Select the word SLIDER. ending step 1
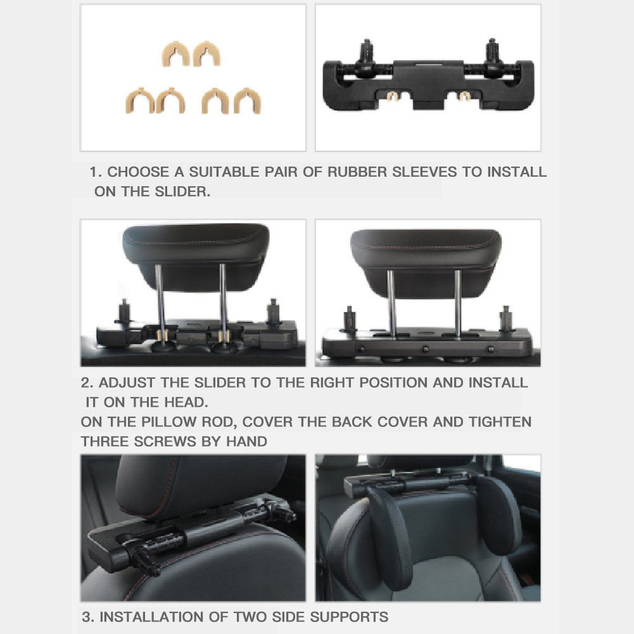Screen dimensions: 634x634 [x=182, y=192]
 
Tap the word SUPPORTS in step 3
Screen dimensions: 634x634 [x=349, y=617]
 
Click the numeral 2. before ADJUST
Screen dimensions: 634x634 [x=87, y=383]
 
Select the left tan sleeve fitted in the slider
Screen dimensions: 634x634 [x=391, y=96]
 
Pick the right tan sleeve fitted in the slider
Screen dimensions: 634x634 [x=465, y=96]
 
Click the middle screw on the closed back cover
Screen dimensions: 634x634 [x=426, y=348]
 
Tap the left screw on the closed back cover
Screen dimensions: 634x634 [x=361, y=348]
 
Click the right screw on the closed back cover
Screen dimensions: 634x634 [x=490, y=348]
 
